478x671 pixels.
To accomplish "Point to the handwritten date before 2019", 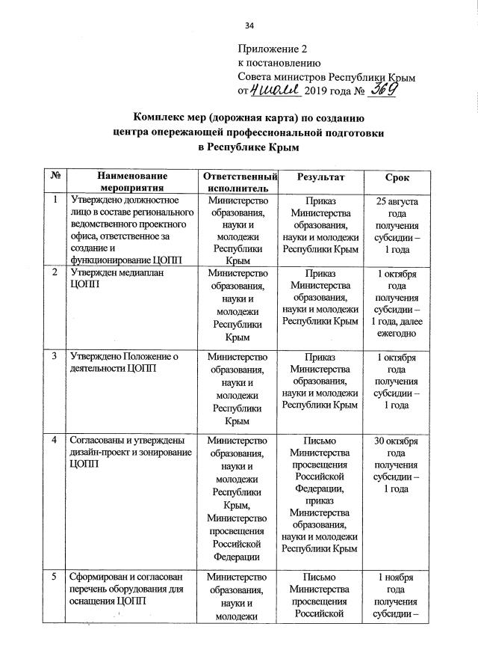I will pos(275,91).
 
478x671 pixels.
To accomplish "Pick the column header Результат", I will pos(320,176).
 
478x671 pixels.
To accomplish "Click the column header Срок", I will pos(397,177).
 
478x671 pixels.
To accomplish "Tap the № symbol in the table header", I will pos(56,176).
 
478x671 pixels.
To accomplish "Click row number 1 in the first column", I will pos(56,200).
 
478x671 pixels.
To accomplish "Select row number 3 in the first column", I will pos(56,356).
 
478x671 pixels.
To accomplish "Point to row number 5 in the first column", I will pos(56,577).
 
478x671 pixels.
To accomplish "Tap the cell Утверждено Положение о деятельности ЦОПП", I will pos(122,362).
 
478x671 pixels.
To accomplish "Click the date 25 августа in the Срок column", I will pos(397,202).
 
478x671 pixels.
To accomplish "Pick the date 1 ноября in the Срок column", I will pos(397,577).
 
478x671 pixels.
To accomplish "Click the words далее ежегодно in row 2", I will pos(397,327).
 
